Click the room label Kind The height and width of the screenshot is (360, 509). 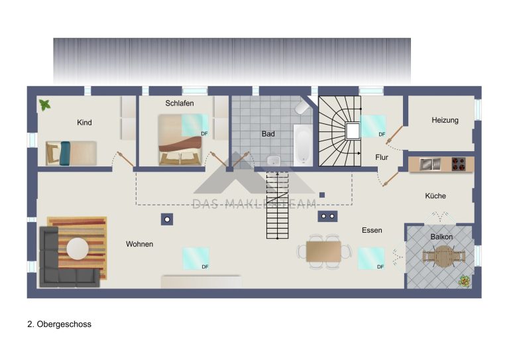84,123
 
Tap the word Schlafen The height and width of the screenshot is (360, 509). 180,103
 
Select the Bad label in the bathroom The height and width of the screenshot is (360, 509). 268,134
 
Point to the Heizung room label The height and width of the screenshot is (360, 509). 445,121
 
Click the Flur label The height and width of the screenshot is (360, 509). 382,157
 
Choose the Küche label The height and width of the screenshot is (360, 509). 435,196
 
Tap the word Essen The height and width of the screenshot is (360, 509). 372,230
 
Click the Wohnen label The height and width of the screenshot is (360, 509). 140,244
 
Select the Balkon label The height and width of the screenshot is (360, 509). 441,237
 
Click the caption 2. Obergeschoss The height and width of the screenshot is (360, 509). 60,324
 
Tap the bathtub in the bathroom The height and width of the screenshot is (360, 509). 303,144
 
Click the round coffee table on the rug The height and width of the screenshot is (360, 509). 78,249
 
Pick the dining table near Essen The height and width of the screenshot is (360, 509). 323,251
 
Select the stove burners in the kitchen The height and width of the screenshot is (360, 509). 459,164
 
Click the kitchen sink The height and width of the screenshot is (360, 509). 429,164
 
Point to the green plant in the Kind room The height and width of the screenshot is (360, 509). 44,105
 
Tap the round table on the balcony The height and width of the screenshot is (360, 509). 443,256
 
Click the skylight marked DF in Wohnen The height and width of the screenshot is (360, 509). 196,259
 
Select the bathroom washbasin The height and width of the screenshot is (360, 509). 274,160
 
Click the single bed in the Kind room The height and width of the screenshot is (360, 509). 72,153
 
